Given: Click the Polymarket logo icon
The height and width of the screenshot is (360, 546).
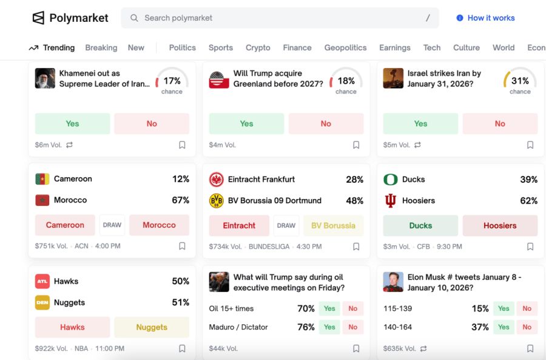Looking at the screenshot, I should pyautogui.click(x=39, y=18).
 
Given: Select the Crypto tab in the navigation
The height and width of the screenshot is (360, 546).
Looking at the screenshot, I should pyautogui.click(x=258, y=47).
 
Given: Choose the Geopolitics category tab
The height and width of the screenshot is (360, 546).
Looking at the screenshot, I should pyautogui.click(x=345, y=47).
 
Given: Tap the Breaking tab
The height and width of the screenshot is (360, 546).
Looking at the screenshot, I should pyautogui.click(x=101, y=47).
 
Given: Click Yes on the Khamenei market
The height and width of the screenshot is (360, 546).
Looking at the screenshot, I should pyautogui.click(x=72, y=123).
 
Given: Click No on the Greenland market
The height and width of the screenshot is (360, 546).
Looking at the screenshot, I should pyautogui.click(x=326, y=123).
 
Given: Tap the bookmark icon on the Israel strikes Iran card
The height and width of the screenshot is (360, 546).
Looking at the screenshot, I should pyautogui.click(x=530, y=145).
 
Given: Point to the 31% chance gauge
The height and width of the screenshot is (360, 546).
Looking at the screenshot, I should pyautogui.click(x=520, y=81).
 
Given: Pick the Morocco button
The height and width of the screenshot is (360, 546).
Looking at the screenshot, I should pyautogui.click(x=159, y=225).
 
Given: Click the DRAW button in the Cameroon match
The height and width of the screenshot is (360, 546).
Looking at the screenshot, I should pyautogui.click(x=112, y=225).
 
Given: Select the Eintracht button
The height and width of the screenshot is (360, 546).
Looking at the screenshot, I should pyautogui.click(x=239, y=225).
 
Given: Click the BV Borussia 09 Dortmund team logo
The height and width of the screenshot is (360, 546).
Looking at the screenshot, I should pyautogui.click(x=217, y=200).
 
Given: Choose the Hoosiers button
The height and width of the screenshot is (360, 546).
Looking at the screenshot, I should pyautogui.click(x=500, y=225).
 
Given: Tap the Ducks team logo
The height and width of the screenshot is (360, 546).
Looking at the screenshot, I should pyautogui.click(x=391, y=179).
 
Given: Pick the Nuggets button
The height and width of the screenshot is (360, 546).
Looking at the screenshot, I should pyautogui.click(x=152, y=327).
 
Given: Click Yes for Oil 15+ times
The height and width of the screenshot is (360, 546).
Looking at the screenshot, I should pyautogui.click(x=329, y=308).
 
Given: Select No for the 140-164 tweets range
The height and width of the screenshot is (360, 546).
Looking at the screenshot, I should pyautogui.click(x=527, y=327).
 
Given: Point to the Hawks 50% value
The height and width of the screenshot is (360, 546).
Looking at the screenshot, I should pyautogui.click(x=181, y=281).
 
